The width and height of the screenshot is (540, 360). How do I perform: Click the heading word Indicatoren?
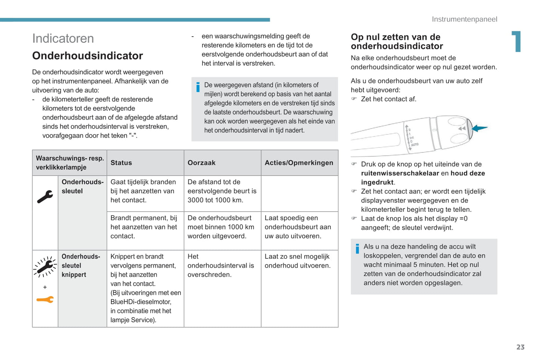(x=63, y=38)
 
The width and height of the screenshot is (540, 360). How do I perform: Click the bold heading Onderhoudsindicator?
(x=87, y=56)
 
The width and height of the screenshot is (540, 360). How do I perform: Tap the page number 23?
(x=520, y=347)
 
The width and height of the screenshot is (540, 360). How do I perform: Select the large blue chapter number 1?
(x=516, y=41)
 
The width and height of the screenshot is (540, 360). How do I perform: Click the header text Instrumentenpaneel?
(x=464, y=19)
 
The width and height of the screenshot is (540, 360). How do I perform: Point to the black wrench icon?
(x=45, y=196)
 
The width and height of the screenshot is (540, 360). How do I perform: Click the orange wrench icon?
(x=45, y=300)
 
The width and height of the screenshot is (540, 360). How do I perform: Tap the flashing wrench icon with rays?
(x=45, y=267)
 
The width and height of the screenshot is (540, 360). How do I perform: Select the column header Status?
(x=121, y=163)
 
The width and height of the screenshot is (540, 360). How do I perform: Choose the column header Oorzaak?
(x=201, y=163)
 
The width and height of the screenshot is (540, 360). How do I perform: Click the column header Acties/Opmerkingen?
(x=299, y=163)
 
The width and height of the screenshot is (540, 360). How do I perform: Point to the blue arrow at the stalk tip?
(x=479, y=128)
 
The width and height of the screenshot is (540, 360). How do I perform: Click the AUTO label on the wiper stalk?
(x=415, y=144)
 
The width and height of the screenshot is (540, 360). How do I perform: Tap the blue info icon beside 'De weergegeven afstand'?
(x=198, y=87)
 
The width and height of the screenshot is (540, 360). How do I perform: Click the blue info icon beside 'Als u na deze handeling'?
(x=357, y=248)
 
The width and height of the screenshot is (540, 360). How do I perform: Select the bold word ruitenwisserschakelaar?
(x=400, y=173)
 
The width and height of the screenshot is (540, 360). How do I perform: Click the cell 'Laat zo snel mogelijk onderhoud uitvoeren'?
(x=297, y=261)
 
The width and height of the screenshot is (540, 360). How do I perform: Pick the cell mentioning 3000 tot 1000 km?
(x=222, y=191)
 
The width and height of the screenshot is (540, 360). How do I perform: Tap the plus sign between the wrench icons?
(x=45, y=287)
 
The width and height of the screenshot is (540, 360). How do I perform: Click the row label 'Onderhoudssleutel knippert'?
(x=81, y=266)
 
